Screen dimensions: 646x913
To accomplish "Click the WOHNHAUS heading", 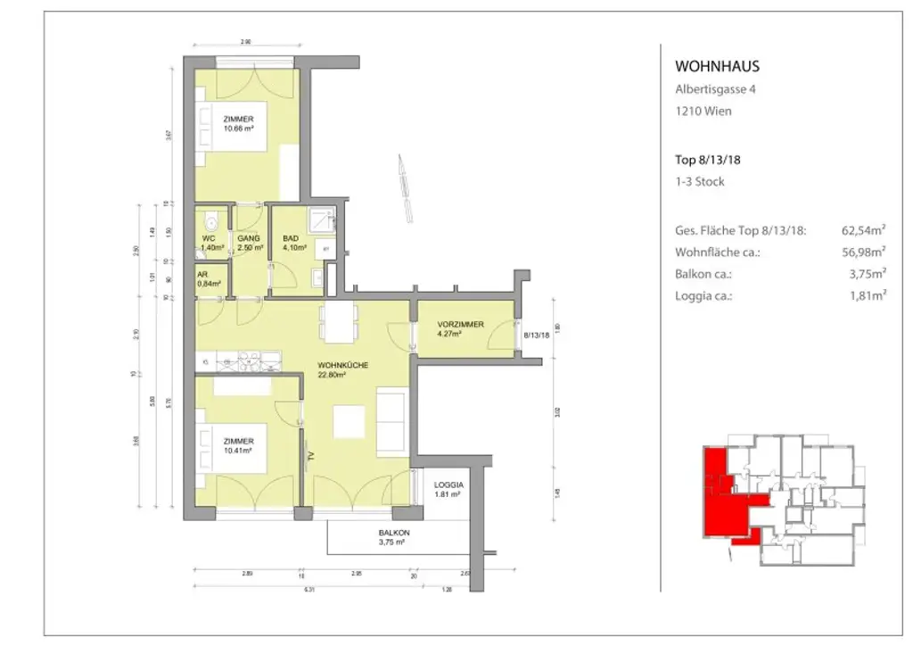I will pyautogui.click(x=717, y=66).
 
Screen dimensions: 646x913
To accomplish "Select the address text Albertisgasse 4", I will pyautogui.click(x=716, y=89).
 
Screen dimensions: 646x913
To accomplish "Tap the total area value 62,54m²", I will pyautogui.click(x=861, y=231).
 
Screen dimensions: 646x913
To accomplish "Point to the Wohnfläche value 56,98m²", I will pyautogui.click(x=861, y=253).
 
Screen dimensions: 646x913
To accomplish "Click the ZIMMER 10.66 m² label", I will pyautogui.click(x=239, y=123).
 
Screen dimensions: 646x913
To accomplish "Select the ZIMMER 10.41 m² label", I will pyautogui.click(x=239, y=445).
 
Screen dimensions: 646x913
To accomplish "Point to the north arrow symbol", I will pyautogui.click(x=405, y=188).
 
